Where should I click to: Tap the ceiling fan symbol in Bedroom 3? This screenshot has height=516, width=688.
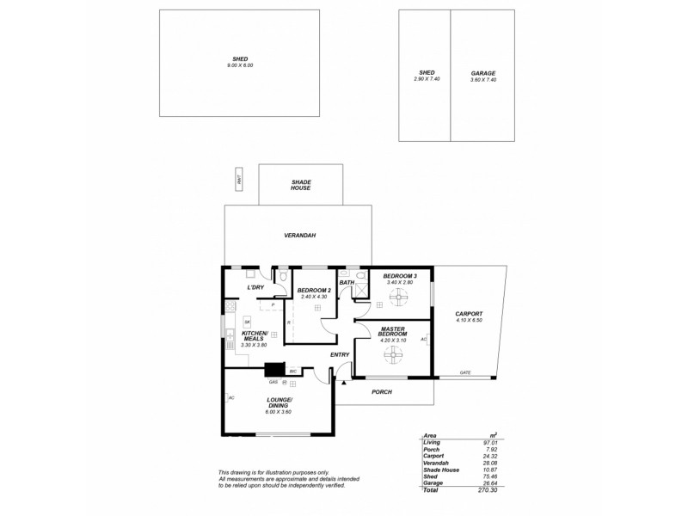point(399,299)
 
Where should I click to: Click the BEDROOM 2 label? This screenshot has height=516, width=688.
point(314,291)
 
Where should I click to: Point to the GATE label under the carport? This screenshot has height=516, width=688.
point(464,373)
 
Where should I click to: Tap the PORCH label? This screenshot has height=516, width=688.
point(382,392)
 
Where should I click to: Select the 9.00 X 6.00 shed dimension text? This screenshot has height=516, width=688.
point(240,65)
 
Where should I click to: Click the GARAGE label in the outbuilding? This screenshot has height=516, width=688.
point(482,73)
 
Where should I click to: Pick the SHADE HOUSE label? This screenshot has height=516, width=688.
point(300,185)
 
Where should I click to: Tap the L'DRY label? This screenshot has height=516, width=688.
point(255,287)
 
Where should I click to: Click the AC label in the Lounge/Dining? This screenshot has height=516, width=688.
point(231,397)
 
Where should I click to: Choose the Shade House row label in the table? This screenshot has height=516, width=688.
point(441,470)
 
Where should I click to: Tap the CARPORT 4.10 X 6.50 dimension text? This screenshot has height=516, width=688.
point(469,320)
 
